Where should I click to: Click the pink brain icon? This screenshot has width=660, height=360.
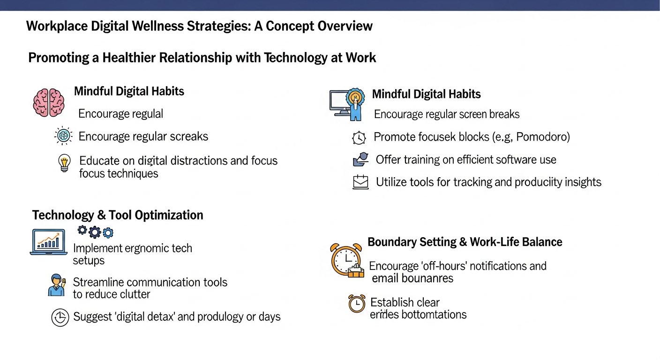48,102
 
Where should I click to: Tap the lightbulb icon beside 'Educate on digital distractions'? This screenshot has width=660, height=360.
64,163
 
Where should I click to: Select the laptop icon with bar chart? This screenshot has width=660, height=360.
48,242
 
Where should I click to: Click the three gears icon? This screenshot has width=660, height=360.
95,232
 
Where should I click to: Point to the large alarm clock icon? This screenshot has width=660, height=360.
346,260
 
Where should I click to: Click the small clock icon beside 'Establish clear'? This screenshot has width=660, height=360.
357,303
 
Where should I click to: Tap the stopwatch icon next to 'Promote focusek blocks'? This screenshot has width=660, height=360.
359,138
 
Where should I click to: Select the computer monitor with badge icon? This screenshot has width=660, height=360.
347,104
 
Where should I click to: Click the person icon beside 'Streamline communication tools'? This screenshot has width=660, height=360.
57,285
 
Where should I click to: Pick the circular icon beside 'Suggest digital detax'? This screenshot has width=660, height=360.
60,317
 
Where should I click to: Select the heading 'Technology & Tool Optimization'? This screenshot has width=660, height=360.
118,215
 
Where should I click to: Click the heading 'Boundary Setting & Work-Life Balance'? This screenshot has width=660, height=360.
465,242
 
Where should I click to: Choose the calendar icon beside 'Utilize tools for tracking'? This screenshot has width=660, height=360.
360,182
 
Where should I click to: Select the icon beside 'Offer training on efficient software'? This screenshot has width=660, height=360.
360,160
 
